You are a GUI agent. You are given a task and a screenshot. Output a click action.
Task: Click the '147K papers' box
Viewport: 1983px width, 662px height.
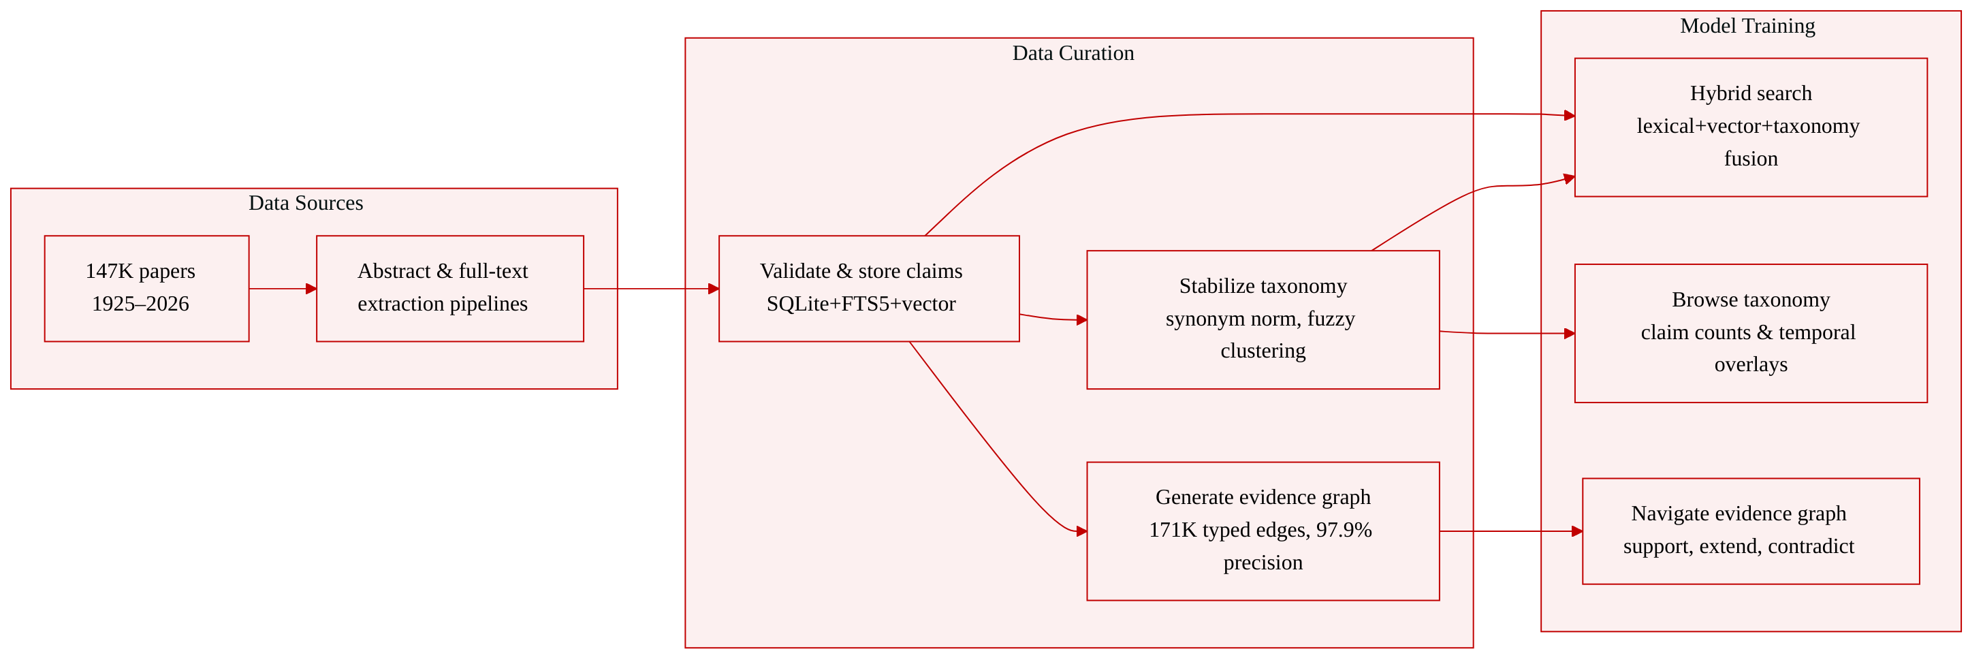click(x=147, y=289)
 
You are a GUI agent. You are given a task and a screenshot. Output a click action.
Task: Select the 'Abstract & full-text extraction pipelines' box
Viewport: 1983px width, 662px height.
click(x=450, y=289)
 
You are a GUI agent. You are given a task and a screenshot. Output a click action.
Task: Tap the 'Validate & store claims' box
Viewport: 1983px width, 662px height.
click(x=869, y=289)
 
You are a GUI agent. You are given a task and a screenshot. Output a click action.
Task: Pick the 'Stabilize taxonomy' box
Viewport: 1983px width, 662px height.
click(x=1263, y=319)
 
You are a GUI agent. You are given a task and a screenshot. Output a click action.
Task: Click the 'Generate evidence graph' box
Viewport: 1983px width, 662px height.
click(x=1263, y=531)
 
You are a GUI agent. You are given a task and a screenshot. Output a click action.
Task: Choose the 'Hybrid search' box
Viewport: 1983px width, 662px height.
click(x=1751, y=127)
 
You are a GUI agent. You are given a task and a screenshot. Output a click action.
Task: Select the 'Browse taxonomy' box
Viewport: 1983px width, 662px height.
click(x=1751, y=333)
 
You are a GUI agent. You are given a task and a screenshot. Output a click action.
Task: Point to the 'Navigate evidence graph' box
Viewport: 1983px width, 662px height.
click(x=1751, y=531)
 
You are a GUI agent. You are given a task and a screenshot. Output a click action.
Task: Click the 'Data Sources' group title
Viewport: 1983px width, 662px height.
click(x=306, y=203)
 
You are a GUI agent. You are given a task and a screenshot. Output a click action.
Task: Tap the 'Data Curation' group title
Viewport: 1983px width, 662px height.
click(x=1073, y=53)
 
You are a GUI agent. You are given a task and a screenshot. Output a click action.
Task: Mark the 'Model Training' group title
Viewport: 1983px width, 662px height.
click(x=1747, y=26)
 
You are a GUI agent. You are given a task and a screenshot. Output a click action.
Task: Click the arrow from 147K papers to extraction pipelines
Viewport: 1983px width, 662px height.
click(x=283, y=289)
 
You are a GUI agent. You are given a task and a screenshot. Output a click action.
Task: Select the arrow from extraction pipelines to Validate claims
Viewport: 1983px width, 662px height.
click(x=652, y=289)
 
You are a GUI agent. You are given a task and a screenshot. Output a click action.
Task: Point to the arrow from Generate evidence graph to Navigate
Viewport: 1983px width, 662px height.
click(x=1511, y=531)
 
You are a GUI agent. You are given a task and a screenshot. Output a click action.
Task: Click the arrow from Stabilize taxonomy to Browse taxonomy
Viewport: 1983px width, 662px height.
click(x=1507, y=333)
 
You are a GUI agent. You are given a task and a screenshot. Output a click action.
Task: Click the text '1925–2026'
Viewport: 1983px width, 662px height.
click(x=141, y=304)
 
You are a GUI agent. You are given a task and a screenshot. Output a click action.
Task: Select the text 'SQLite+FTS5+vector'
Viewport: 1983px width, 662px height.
click(x=861, y=304)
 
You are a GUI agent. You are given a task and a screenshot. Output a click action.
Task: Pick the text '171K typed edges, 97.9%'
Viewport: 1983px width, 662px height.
click(x=1261, y=531)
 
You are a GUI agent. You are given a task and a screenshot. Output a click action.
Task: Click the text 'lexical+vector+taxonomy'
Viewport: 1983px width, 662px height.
click(x=1748, y=126)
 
